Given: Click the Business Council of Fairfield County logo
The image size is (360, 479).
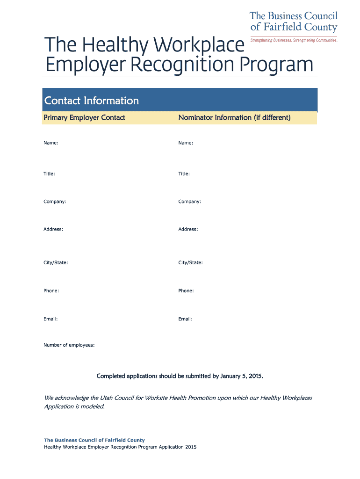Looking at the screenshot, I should (x=293, y=22).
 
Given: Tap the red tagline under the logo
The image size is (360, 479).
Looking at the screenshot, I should (x=294, y=40).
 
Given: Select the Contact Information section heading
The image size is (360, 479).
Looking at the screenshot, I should (x=91, y=101).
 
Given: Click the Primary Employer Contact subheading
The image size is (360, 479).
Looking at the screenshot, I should (x=84, y=118).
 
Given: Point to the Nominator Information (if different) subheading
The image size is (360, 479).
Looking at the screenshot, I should (x=234, y=118).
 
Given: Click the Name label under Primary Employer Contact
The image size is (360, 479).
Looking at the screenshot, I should (x=50, y=143).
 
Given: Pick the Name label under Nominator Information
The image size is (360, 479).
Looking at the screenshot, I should (x=185, y=143).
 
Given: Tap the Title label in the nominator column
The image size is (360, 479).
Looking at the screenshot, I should (x=184, y=174).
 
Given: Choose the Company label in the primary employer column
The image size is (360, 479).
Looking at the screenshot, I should (x=55, y=202).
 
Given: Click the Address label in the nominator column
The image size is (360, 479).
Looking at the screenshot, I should (x=188, y=230).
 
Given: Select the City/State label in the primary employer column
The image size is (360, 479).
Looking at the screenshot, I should (x=56, y=263).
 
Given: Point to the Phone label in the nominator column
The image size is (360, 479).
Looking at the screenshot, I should (x=186, y=291).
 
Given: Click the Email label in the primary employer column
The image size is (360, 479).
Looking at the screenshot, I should (x=50, y=319).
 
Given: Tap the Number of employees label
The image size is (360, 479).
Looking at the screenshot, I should (x=69, y=345).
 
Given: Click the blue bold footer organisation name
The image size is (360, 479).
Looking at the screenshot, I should (x=94, y=440).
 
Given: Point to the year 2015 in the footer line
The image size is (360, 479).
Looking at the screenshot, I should (x=190, y=447).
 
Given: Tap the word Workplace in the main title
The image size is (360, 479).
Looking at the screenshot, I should (x=200, y=45).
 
